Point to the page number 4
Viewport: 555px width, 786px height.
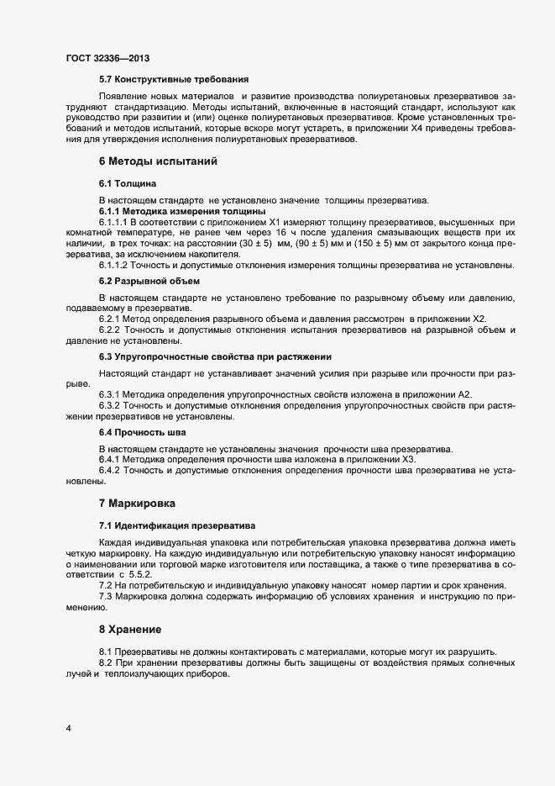[68, 728]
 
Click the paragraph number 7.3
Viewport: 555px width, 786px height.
[106, 596]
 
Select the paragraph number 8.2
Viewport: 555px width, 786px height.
[106, 664]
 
